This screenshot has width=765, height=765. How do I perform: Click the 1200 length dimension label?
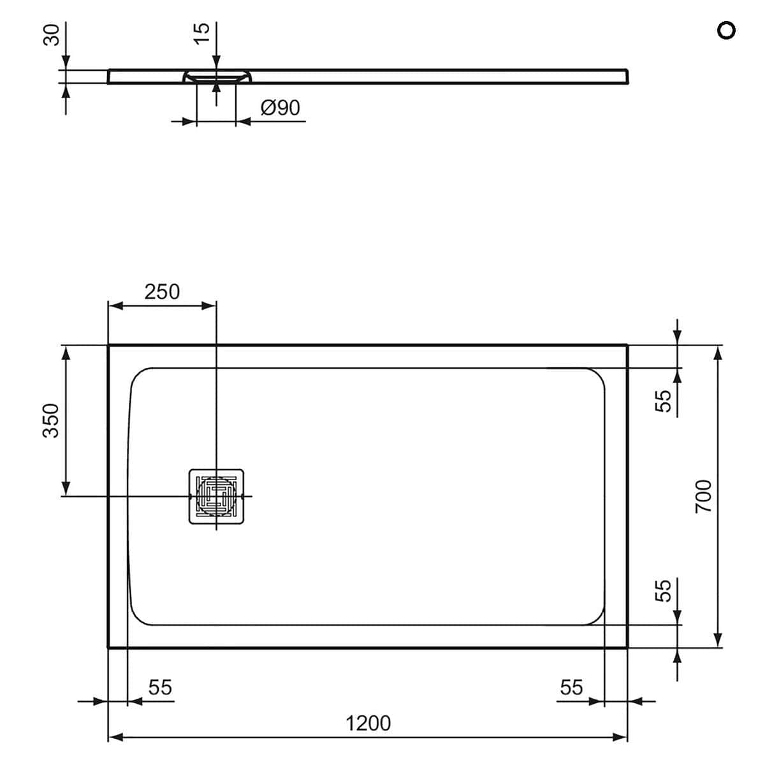pos(368,723)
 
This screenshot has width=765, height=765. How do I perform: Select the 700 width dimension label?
pos(702,496)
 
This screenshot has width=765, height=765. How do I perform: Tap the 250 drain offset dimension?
pos(162,291)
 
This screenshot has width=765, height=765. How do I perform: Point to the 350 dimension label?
pos(51,420)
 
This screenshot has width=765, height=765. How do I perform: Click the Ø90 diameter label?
pos(280,108)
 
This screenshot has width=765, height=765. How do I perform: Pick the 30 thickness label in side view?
pos(52,34)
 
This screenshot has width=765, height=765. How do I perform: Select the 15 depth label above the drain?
pos(201,33)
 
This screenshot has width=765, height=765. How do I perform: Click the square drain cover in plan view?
pos(216,496)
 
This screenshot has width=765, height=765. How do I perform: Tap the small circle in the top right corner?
pos(725,30)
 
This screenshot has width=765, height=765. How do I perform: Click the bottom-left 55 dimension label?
pos(160,687)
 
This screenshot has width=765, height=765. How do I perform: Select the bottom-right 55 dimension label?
pos(571,687)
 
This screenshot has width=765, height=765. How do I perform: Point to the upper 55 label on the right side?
pos(664,400)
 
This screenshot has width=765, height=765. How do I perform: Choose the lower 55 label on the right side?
pos(664,590)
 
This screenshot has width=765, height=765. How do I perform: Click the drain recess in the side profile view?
pos(216,77)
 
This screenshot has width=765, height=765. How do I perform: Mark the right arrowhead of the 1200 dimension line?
pos(621,738)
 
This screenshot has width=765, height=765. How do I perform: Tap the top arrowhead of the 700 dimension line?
pos(718,352)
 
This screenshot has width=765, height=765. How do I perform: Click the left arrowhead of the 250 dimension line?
pos(115,306)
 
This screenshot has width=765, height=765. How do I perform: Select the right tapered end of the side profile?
pos(627,76)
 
